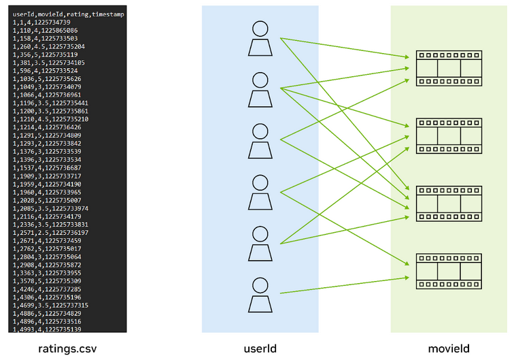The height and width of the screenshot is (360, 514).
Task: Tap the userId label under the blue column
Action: (x=260, y=348)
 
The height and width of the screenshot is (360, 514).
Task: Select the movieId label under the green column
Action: (x=448, y=348)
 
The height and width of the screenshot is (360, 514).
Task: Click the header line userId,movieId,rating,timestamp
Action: (x=68, y=15)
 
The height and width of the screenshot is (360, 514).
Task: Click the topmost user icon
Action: (x=260, y=39)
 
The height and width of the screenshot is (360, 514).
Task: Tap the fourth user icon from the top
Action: (x=260, y=193)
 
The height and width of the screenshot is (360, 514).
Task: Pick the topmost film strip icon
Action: (x=449, y=68)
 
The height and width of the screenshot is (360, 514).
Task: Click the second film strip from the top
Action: (x=449, y=135)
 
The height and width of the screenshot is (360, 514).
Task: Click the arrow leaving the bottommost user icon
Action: (x=343, y=286)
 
